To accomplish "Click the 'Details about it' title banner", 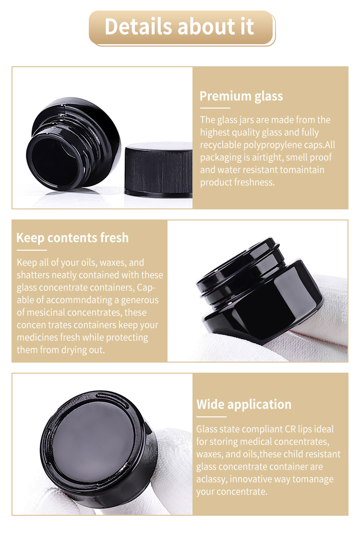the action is click(x=182, y=28).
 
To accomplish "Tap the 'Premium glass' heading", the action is click(x=241, y=96).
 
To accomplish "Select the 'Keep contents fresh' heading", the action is click(x=72, y=238).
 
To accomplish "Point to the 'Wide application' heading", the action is click(x=244, y=404).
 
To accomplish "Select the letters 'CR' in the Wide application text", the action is click(x=290, y=429).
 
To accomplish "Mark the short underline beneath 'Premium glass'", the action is click(x=215, y=108).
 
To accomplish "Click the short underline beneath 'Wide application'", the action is click(x=211, y=416).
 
